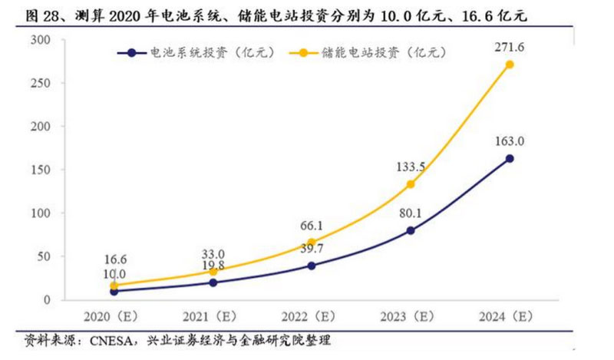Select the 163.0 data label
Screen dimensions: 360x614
point(509,141)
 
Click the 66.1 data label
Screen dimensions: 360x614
point(312,224)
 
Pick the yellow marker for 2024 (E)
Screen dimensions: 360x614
point(510,64)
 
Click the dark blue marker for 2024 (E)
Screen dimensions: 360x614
point(510,158)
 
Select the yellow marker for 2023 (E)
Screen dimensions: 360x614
point(411,184)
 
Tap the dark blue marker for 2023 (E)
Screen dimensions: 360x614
point(411,230)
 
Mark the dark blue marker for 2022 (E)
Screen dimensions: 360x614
point(312,266)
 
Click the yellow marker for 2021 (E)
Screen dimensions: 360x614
point(213,271)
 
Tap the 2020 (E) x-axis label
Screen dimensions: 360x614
point(114,315)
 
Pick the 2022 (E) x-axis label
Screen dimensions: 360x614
point(312,315)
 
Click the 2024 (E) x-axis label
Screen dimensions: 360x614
point(510,315)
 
